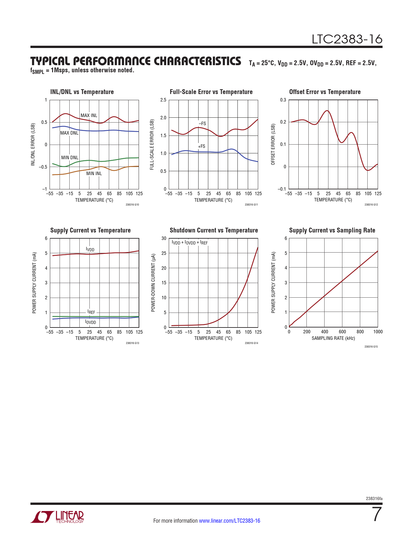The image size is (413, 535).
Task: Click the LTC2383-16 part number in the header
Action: click(x=347, y=39)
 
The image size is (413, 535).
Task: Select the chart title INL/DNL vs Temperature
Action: click(x=82, y=92)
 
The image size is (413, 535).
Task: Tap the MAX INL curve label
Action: click(x=89, y=115)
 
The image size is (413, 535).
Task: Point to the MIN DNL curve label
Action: click(x=70, y=158)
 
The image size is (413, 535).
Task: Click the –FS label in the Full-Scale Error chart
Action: click(x=202, y=124)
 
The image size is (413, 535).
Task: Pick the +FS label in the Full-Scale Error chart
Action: click(x=201, y=146)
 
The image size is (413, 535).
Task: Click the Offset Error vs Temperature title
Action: click(x=325, y=92)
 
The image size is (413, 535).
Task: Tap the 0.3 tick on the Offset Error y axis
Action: click(x=283, y=100)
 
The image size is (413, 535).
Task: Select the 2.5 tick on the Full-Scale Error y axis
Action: click(x=163, y=100)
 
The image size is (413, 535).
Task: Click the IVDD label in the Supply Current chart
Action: click(x=90, y=249)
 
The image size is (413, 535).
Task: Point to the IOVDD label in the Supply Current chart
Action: click(x=90, y=322)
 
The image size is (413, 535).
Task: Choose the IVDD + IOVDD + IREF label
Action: click(x=189, y=243)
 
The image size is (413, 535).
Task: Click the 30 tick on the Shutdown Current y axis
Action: click(x=164, y=238)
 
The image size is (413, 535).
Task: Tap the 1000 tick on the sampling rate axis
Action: click(x=378, y=332)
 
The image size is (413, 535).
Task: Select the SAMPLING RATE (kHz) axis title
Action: click(x=333, y=338)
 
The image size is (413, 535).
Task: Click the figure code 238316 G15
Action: click(x=371, y=347)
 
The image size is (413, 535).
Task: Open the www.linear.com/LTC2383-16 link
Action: click(x=229, y=521)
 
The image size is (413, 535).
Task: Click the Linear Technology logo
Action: click(x=57, y=517)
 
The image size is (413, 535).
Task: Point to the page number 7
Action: click(x=377, y=515)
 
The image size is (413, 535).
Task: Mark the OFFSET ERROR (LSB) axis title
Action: click(x=273, y=145)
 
